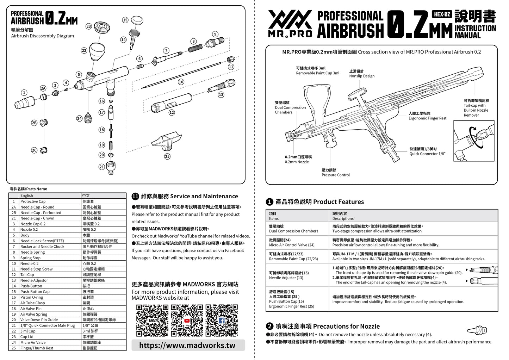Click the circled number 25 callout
click(167, 156)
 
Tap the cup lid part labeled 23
click(102, 26)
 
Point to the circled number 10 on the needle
click(181, 82)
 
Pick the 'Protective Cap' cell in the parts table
click(33, 201)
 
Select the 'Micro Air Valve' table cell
click(33, 342)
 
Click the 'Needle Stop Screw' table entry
click(36, 269)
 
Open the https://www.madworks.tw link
click(187, 345)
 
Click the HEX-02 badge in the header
click(442, 14)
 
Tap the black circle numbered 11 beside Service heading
click(135, 197)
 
